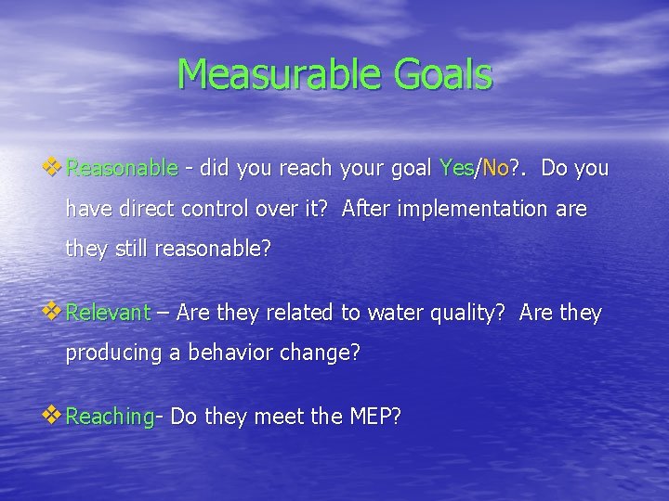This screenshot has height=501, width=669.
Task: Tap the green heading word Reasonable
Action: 122,169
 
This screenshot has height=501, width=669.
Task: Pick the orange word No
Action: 495,169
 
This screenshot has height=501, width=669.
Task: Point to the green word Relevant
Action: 109,314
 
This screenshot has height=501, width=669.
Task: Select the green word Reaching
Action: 111,417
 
